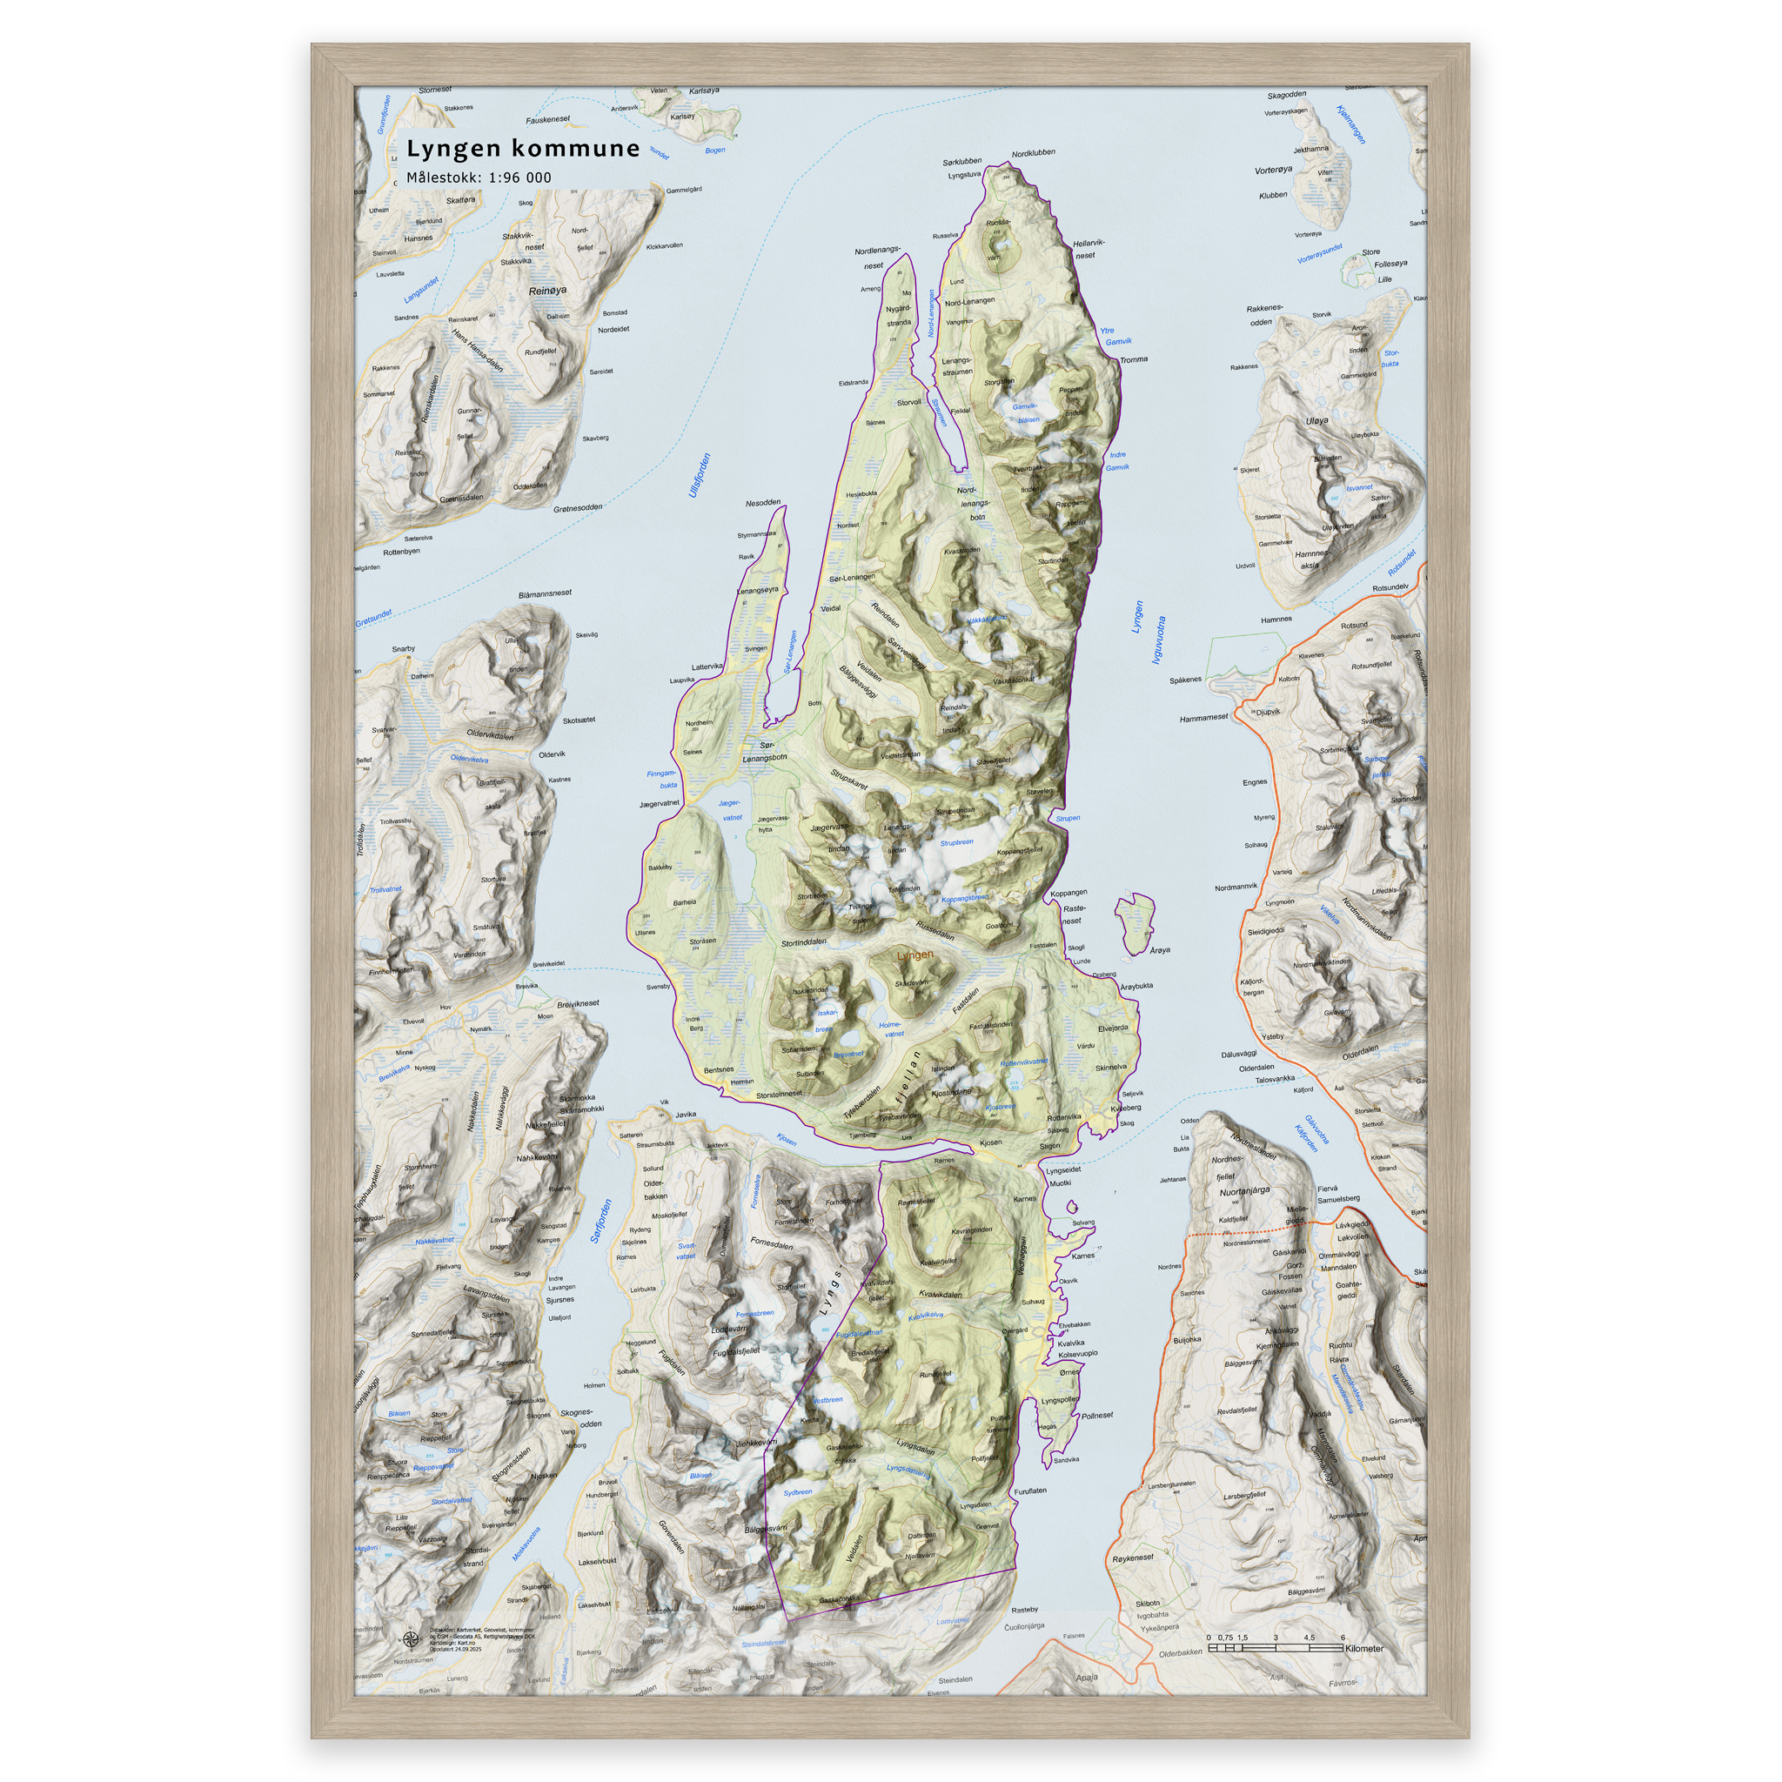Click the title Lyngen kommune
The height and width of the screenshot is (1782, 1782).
(523, 149)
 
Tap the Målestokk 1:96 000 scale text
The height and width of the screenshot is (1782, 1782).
(479, 178)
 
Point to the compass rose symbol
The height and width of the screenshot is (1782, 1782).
(410, 1639)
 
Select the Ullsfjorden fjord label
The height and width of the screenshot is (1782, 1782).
(700, 475)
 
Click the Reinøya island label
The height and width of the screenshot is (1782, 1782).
(548, 291)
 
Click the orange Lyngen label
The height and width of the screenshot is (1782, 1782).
(914, 955)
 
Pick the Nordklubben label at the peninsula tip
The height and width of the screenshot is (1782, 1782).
(1033, 153)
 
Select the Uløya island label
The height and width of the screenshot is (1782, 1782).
(1317, 420)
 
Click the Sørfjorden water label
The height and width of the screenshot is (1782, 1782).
(601, 1220)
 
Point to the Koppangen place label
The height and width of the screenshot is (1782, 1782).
(1069, 893)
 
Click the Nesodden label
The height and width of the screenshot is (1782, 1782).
(763, 504)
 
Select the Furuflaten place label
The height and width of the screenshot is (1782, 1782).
(1030, 1491)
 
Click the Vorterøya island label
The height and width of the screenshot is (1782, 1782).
(1273, 171)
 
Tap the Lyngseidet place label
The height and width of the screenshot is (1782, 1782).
(1063, 1169)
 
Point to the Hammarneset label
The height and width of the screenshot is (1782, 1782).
(1203, 718)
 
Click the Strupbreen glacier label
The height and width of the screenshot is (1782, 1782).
(956, 842)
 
